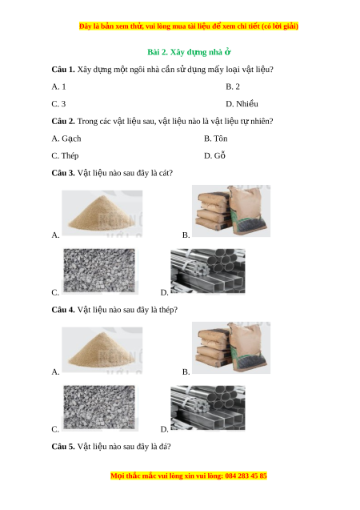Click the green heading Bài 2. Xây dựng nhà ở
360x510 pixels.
click(189, 52)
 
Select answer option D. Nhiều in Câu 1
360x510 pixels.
click(242, 104)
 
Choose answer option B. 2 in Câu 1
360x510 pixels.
click(233, 86)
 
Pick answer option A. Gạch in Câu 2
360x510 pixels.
click(66, 139)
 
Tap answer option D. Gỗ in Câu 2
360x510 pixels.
click(214, 155)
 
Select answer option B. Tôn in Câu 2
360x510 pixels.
click(216, 139)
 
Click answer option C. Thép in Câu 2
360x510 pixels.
click(65, 156)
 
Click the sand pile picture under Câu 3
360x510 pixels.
click(102, 213)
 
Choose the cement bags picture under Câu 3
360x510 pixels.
click(231, 211)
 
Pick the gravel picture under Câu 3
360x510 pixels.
click(100, 271)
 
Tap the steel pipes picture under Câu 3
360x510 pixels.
click(208, 271)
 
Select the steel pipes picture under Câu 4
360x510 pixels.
click(208, 408)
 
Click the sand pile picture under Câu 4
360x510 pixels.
click(102, 350)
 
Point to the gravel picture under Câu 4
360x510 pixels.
click(100, 408)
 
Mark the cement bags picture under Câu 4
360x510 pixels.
click(231, 347)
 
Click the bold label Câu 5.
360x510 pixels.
click(63, 447)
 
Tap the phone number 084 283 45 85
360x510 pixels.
click(246, 476)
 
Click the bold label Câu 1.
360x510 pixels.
click(63, 70)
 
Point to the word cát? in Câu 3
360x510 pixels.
click(166, 173)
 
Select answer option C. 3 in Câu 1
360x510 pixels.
click(58, 104)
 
